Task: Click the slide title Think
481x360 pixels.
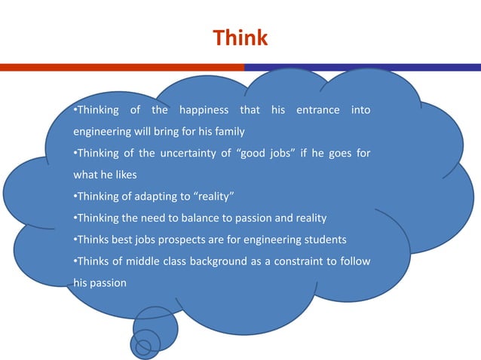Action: [240, 38]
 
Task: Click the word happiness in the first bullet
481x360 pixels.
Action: [204, 111]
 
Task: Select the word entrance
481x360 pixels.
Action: [317, 111]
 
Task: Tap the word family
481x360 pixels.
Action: [229, 132]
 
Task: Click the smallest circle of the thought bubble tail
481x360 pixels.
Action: [143, 347]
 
